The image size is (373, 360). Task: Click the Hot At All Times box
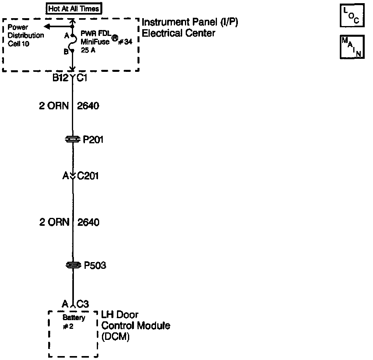pyautogui.click(x=74, y=8)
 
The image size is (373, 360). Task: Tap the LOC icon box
pyautogui.click(x=352, y=15)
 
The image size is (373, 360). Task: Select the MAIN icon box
pyautogui.click(x=352, y=47)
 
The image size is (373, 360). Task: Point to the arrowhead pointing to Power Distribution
pyautogui.click(x=47, y=26)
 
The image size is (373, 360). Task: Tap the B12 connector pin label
pyautogui.click(x=61, y=78)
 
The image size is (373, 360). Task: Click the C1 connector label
pyautogui.click(x=82, y=78)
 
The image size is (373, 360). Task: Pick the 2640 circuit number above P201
pyautogui.click(x=88, y=106)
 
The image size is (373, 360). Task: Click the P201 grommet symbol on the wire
pyautogui.click(x=73, y=139)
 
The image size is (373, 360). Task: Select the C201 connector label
pyautogui.click(x=88, y=176)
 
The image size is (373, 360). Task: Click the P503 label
pyautogui.click(x=95, y=266)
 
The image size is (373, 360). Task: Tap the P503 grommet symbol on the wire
pyautogui.click(x=73, y=266)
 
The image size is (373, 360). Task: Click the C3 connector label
pyautogui.click(x=83, y=304)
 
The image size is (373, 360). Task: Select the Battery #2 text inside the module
pyautogui.click(x=73, y=321)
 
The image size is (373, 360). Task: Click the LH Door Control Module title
pyautogui.click(x=136, y=326)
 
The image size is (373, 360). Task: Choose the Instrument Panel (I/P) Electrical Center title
pyautogui.click(x=190, y=28)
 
